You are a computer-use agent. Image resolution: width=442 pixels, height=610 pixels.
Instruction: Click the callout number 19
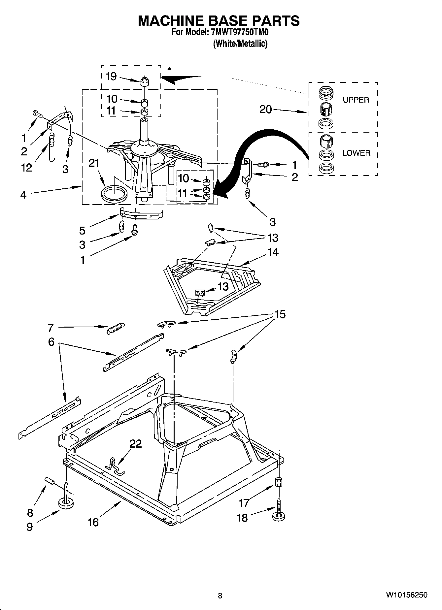pos(111,77)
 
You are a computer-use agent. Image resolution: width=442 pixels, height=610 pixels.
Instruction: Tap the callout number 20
pos(265,109)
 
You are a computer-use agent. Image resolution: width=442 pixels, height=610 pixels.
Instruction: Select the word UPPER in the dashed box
pos(356,100)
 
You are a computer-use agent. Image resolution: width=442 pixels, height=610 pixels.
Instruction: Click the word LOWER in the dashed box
pos(356,153)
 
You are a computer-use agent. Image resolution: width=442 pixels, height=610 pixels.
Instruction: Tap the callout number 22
pos(135,444)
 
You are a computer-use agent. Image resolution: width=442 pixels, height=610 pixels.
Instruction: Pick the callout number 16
pos(93,522)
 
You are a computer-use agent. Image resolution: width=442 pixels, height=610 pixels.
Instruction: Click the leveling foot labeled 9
pos(66,503)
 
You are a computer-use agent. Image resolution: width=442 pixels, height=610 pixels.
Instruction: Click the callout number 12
pos(26,168)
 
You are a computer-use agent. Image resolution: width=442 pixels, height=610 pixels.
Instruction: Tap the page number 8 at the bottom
pos(220,596)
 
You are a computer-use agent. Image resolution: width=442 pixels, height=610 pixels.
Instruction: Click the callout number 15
pos(280,314)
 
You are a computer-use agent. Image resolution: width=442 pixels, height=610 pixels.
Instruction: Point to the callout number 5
pos(82,230)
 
